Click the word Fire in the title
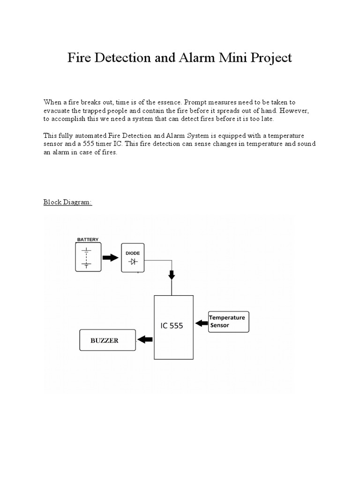pos(79,58)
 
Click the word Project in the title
pos(271,58)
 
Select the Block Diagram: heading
pos(67,202)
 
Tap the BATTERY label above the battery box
pos(88,240)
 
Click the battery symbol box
pos(88,257)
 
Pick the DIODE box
pos(133,257)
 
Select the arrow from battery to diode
pos(111,257)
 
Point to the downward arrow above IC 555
pos(172,275)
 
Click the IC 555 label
pos(172,326)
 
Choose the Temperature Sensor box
pos(229,322)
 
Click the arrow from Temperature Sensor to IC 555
pos(202,322)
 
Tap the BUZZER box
pos(107,340)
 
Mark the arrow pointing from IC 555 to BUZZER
pos(145,339)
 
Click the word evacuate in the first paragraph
pos(58,111)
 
